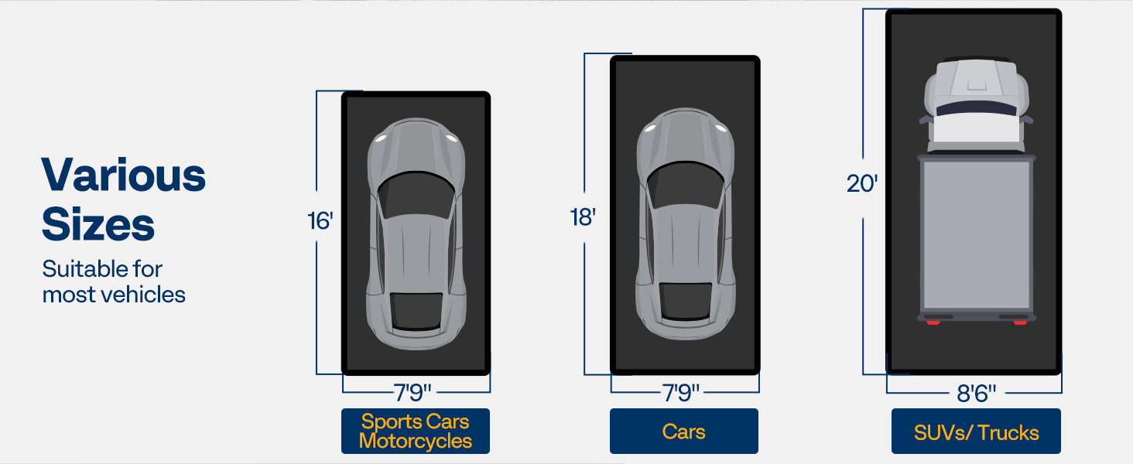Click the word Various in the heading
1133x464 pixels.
click(124, 176)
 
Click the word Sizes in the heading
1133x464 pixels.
click(98, 224)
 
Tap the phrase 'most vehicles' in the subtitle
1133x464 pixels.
click(114, 295)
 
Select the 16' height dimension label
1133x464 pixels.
click(320, 221)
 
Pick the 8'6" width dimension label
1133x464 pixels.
click(976, 393)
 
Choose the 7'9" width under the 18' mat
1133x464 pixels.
click(681, 393)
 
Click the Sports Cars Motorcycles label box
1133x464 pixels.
click(416, 432)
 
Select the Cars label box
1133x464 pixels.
click(684, 432)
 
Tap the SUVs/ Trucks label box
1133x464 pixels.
click(976, 432)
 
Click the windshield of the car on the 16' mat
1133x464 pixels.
click(416, 196)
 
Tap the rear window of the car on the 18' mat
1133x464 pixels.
click(685, 301)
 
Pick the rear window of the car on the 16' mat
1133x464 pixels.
click(416, 311)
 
